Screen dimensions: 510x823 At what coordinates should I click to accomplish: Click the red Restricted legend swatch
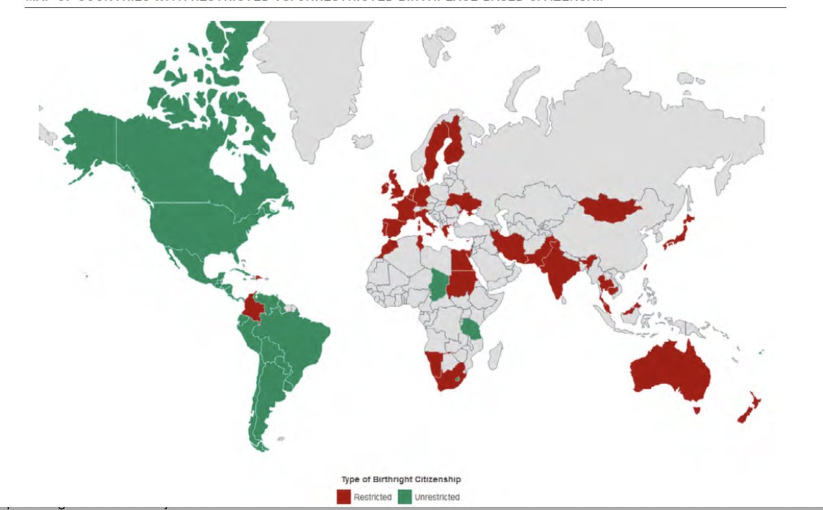click(x=343, y=496)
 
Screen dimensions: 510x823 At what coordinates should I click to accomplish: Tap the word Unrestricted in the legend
click(x=437, y=497)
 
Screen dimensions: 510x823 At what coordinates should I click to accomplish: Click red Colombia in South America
click(x=253, y=308)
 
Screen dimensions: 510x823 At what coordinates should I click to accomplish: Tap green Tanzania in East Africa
click(x=473, y=330)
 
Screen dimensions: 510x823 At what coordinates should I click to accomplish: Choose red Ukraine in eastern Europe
click(x=464, y=202)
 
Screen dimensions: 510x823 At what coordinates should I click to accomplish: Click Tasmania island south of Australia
click(x=697, y=410)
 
